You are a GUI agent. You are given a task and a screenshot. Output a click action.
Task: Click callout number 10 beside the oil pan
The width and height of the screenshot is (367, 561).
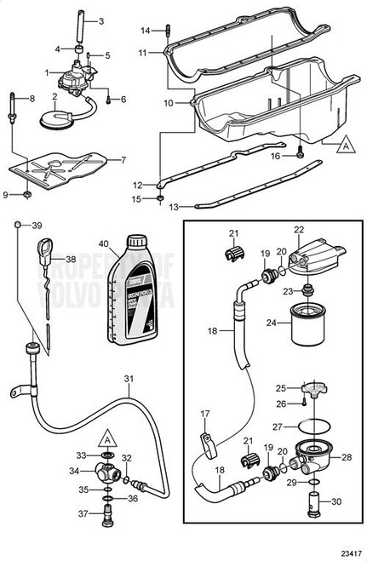pyautogui.click(x=168, y=102)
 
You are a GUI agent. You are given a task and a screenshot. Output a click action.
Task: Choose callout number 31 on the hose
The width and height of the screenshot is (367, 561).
pyautogui.click(x=129, y=380)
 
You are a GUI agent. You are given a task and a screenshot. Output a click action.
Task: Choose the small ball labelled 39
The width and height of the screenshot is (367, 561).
pyautogui.click(x=18, y=225)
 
